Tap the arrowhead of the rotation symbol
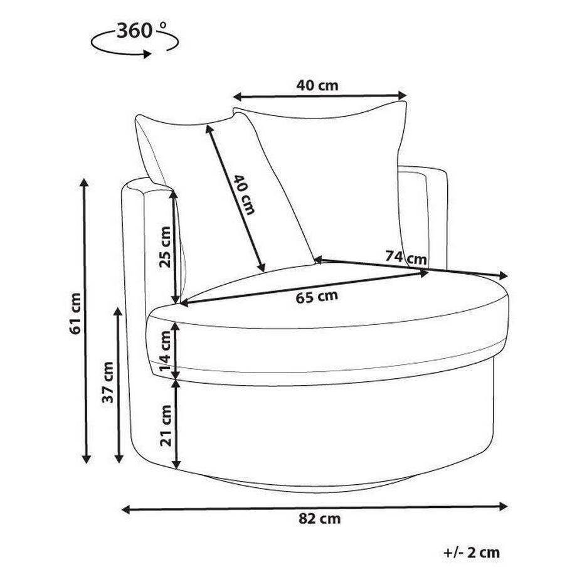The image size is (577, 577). pyautogui.click(x=147, y=54)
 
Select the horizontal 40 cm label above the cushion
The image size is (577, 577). pyautogui.click(x=317, y=85)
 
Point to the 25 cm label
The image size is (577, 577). pyautogui.click(x=165, y=247)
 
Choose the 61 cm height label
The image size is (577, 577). pyautogui.click(x=75, y=314)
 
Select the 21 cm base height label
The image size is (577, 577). pyautogui.click(x=166, y=426)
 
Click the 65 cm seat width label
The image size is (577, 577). pyautogui.click(x=317, y=297)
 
